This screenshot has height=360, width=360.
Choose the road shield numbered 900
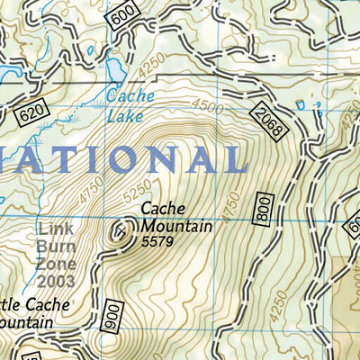112,312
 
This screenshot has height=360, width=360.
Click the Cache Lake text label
130,103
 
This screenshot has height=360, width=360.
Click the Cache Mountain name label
175,217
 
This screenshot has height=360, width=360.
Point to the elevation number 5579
156,241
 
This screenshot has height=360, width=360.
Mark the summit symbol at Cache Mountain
119,233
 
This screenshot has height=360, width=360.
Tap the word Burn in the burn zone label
54,244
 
